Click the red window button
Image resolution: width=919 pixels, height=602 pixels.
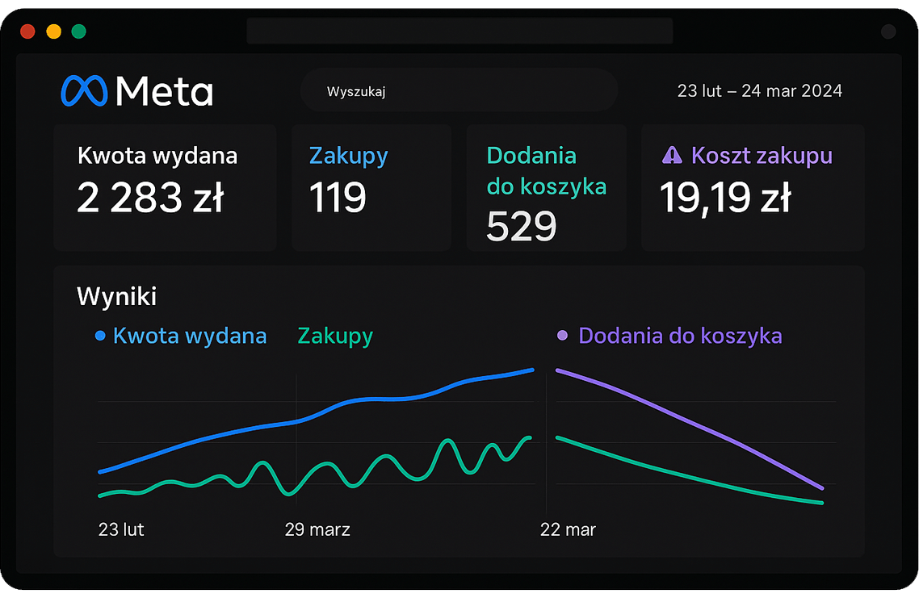pos(27,32)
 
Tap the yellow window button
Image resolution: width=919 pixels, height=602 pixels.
pos(53,32)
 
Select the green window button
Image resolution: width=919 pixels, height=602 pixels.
pos(78,32)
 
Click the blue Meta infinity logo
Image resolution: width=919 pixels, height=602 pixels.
pos(84,91)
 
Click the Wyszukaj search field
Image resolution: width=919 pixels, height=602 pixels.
pos(459,91)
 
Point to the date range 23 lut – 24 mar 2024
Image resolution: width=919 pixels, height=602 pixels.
pos(759,91)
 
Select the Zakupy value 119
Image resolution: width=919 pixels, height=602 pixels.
pos(338,198)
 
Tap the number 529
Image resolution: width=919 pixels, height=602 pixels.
pos(521,227)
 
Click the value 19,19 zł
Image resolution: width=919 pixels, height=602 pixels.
pos(725,198)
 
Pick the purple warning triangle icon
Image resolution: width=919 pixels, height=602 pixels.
pos(672,155)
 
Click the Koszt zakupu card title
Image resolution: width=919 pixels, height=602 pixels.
pos(762,155)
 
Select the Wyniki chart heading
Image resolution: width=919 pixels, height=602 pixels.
pos(116,296)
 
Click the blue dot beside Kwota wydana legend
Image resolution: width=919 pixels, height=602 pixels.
pos(100,336)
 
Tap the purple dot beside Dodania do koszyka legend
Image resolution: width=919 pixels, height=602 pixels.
pos(563,336)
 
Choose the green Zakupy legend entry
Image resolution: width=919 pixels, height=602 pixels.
pos(335,336)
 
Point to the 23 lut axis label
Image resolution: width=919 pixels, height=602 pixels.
pos(121,529)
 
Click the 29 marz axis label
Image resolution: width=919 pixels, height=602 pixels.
pos(317,529)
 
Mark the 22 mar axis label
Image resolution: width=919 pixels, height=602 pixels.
pos(568,529)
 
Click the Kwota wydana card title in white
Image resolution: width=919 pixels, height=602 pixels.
pos(157,155)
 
